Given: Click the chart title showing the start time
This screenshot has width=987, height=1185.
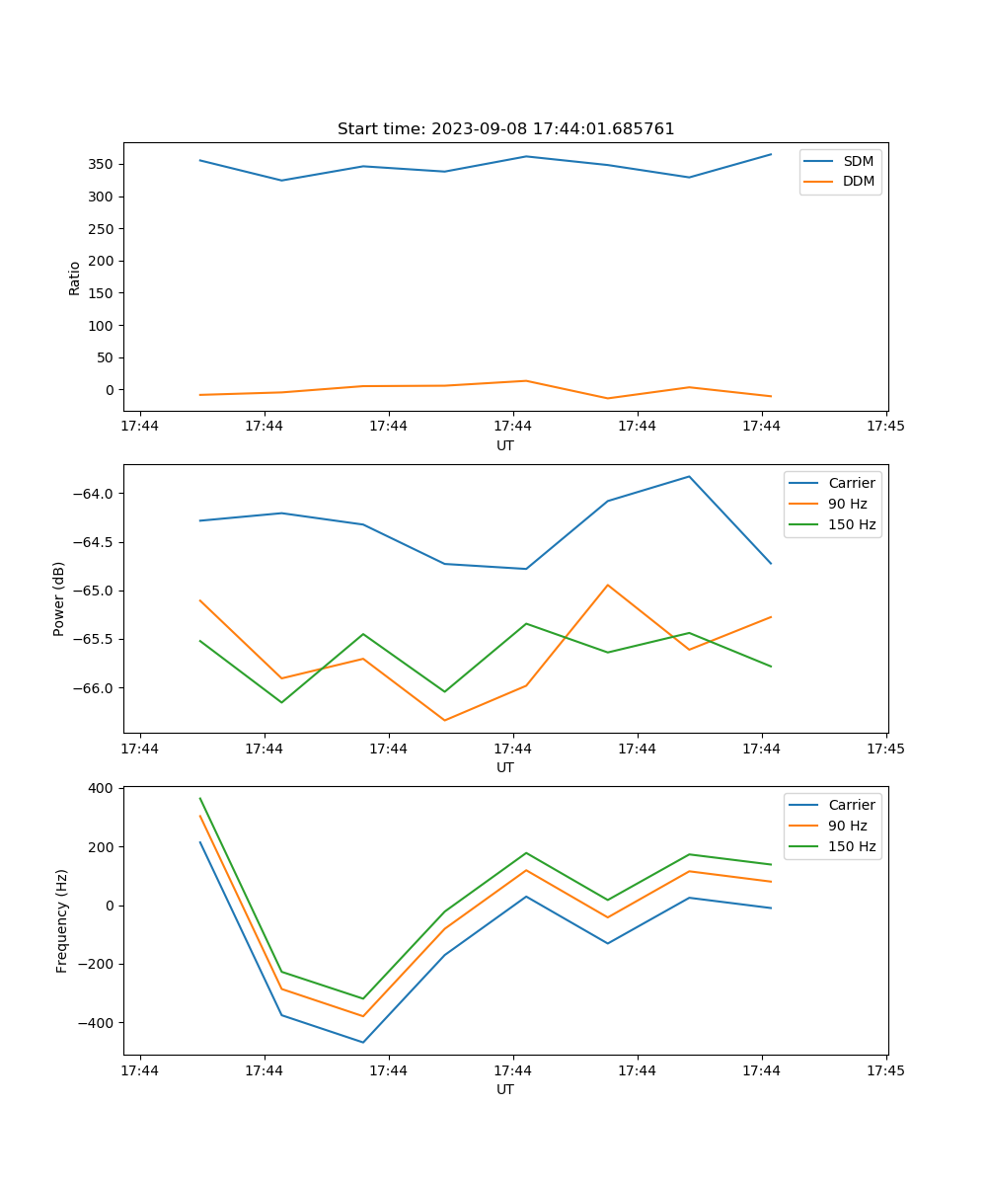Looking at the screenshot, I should point(505,129).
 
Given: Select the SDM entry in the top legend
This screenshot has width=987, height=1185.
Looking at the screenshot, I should point(858,161).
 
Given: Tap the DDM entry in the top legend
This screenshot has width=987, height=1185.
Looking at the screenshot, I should point(858,181).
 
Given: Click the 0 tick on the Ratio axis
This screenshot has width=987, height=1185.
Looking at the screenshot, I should point(111,390).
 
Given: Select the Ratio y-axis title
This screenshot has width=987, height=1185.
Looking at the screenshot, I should point(74,277).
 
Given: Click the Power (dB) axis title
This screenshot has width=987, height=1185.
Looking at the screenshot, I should point(59,598).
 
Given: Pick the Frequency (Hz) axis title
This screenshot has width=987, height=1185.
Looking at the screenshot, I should point(61,920).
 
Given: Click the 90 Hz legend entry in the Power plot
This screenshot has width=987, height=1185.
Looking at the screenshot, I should point(847,504).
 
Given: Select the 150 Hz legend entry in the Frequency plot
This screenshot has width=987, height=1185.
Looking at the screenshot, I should point(852,846).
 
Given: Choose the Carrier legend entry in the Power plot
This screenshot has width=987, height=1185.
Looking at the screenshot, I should point(851,483).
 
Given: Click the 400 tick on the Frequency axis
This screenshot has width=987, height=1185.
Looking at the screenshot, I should point(103,788).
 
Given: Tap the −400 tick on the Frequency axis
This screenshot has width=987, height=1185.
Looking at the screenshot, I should point(98,1023).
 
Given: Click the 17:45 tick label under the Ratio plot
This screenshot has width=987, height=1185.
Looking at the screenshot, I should point(885,427).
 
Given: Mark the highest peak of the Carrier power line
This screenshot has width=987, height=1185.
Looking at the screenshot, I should point(689,476).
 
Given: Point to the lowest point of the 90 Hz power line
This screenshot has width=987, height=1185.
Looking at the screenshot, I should point(444,720).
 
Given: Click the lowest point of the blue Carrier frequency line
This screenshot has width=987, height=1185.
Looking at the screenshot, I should point(363,1042).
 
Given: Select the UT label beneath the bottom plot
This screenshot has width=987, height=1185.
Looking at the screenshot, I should point(505,1089).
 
